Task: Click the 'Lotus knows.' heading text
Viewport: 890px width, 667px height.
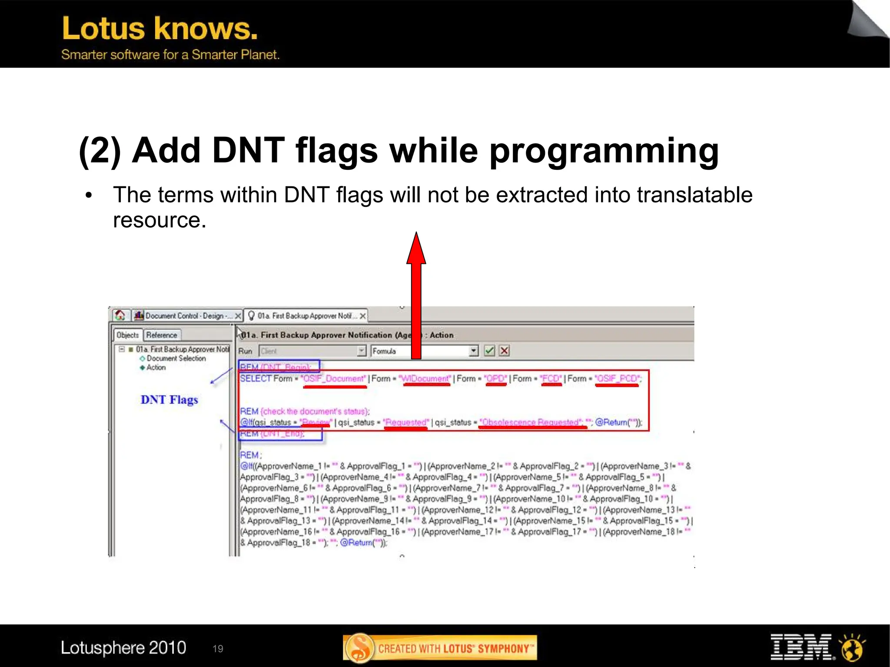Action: pyautogui.click(x=159, y=29)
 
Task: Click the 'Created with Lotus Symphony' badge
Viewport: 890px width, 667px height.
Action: pyautogui.click(x=440, y=648)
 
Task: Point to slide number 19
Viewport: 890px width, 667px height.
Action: pyautogui.click(x=218, y=649)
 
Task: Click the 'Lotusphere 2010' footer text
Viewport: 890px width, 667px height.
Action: pyautogui.click(x=123, y=647)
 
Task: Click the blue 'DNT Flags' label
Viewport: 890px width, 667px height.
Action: pyautogui.click(x=169, y=400)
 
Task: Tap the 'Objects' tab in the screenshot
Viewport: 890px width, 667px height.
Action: pyautogui.click(x=127, y=335)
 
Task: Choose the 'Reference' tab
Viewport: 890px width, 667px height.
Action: pyautogui.click(x=162, y=335)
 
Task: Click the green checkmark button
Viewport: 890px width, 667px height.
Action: pyautogui.click(x=489, y=351)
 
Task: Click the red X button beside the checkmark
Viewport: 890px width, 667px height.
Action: pyautogui.click(x=504, y=351)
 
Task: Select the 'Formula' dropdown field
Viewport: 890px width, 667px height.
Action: pyautogui.click(x=424, y=351)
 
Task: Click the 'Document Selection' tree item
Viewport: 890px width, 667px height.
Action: pyautogui.click(x=176, y=358)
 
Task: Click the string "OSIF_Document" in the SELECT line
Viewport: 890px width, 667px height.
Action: pyautogui.click(x=334, y=378)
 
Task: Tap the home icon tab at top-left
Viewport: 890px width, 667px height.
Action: pyautogui.click(x=120, y=315)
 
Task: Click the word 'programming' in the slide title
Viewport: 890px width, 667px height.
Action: pyautogui.click(x=604, y=151)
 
